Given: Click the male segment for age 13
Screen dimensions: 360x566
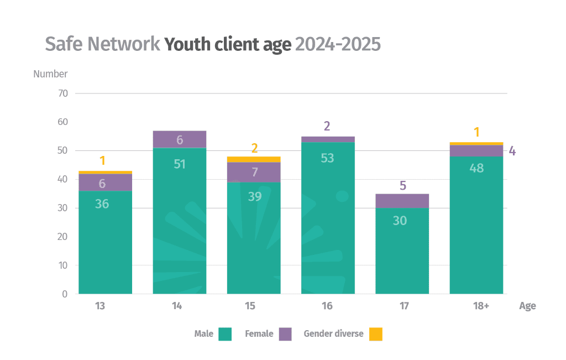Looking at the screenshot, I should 105,243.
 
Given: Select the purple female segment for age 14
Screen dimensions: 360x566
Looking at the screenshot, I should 179,139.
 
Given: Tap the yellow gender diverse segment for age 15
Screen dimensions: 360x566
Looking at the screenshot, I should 254,159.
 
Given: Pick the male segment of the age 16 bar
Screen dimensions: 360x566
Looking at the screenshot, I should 328,221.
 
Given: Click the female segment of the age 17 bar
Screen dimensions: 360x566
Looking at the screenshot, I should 402,201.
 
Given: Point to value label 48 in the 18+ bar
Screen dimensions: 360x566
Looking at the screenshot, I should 476,168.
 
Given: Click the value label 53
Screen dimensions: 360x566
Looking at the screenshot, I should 328,158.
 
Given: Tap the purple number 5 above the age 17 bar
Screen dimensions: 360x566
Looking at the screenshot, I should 402,186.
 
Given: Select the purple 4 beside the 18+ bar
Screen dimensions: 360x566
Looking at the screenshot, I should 512,150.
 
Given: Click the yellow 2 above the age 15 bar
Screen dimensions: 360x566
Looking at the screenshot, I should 254,148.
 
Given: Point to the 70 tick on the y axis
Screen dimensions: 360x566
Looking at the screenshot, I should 62,93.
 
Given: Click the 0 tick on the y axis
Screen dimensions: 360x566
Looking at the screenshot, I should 65,294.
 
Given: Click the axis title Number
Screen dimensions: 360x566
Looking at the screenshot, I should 50,74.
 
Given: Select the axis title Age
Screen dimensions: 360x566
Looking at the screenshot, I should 527,306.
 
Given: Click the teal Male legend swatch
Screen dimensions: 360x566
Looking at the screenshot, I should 225,334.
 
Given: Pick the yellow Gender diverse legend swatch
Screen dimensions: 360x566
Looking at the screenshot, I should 376,334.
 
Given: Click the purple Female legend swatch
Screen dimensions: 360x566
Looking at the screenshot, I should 285,334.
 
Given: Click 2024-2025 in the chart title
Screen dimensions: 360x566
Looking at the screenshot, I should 338,44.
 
